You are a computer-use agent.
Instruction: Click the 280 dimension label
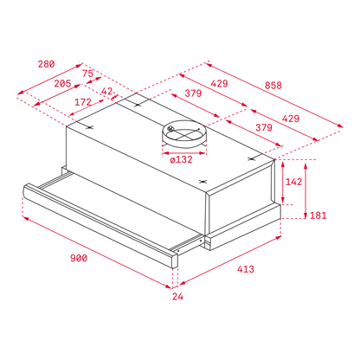pyautogui.click(x=46, y=64)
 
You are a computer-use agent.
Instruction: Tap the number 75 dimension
pyautogui.click(x=88, y=74)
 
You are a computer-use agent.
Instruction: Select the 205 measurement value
pyautogui.click(x=62, y=84)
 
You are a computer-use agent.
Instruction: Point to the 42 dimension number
pyautogui.click(x=107, y=91)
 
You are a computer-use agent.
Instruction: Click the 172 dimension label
pyautogui.click(x=83, y=102)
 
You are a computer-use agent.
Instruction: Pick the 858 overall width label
pyautogui.click(x=273, y=86)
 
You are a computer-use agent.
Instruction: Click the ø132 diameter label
pyautogui.click(x=181, y=159)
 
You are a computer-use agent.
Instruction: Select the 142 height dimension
pyautogui.click(x=293, y=182)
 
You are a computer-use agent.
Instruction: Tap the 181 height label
pyautogui.click(x=318, y=215)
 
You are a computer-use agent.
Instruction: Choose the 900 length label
pyautogui.click(x=79, y=258)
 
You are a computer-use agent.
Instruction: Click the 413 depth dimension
pyautogui.click(x=246, y=269)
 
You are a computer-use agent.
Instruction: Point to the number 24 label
pyautogui.click(x=177, y=296)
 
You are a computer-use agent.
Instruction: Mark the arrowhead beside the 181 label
pyautogui.click(x=305, y=215)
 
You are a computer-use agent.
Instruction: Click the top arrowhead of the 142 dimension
pyautogui.click(x=283, y=164)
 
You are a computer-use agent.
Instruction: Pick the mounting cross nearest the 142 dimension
pyautogui.click(x=252, y=158)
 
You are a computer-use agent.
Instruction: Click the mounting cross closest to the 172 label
pyautogui.click(x=90, y=127)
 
